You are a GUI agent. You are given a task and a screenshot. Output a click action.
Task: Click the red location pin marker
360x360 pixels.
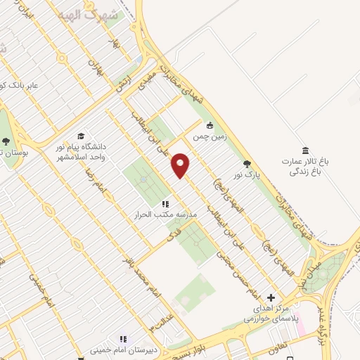click(181, 165)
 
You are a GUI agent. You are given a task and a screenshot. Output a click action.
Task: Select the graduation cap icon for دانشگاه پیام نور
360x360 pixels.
click(81, 136)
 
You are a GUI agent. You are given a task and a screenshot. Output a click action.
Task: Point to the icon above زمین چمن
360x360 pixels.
click(209, 127)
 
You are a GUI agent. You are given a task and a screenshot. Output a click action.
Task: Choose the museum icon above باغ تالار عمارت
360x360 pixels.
click(304, 150)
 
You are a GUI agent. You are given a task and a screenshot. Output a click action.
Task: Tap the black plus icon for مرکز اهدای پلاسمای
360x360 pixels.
click(271, 297)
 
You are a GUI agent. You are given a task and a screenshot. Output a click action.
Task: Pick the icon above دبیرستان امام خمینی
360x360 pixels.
click(123, 338)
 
